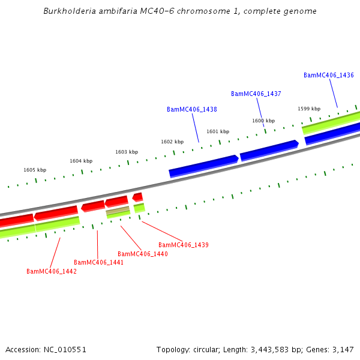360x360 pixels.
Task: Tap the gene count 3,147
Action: coord(343,349)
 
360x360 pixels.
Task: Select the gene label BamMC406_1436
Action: coord(328,76)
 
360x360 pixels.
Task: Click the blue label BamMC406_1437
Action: coord(256,94)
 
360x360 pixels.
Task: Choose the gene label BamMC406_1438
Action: coord(191,110)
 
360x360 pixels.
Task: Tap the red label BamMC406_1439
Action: coord(183,245)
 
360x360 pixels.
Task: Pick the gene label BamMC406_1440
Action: coord(142,254)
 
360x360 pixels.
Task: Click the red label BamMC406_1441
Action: coord(98,263)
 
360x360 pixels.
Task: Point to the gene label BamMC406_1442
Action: coord(51,272)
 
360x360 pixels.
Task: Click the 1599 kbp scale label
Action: coord(309,109)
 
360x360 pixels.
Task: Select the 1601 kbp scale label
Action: coord(218,132)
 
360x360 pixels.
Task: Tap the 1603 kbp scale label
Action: coord(127,152)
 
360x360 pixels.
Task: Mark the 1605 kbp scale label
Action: coord(35,170)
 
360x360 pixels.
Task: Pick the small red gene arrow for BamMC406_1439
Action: coord(138,196)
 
